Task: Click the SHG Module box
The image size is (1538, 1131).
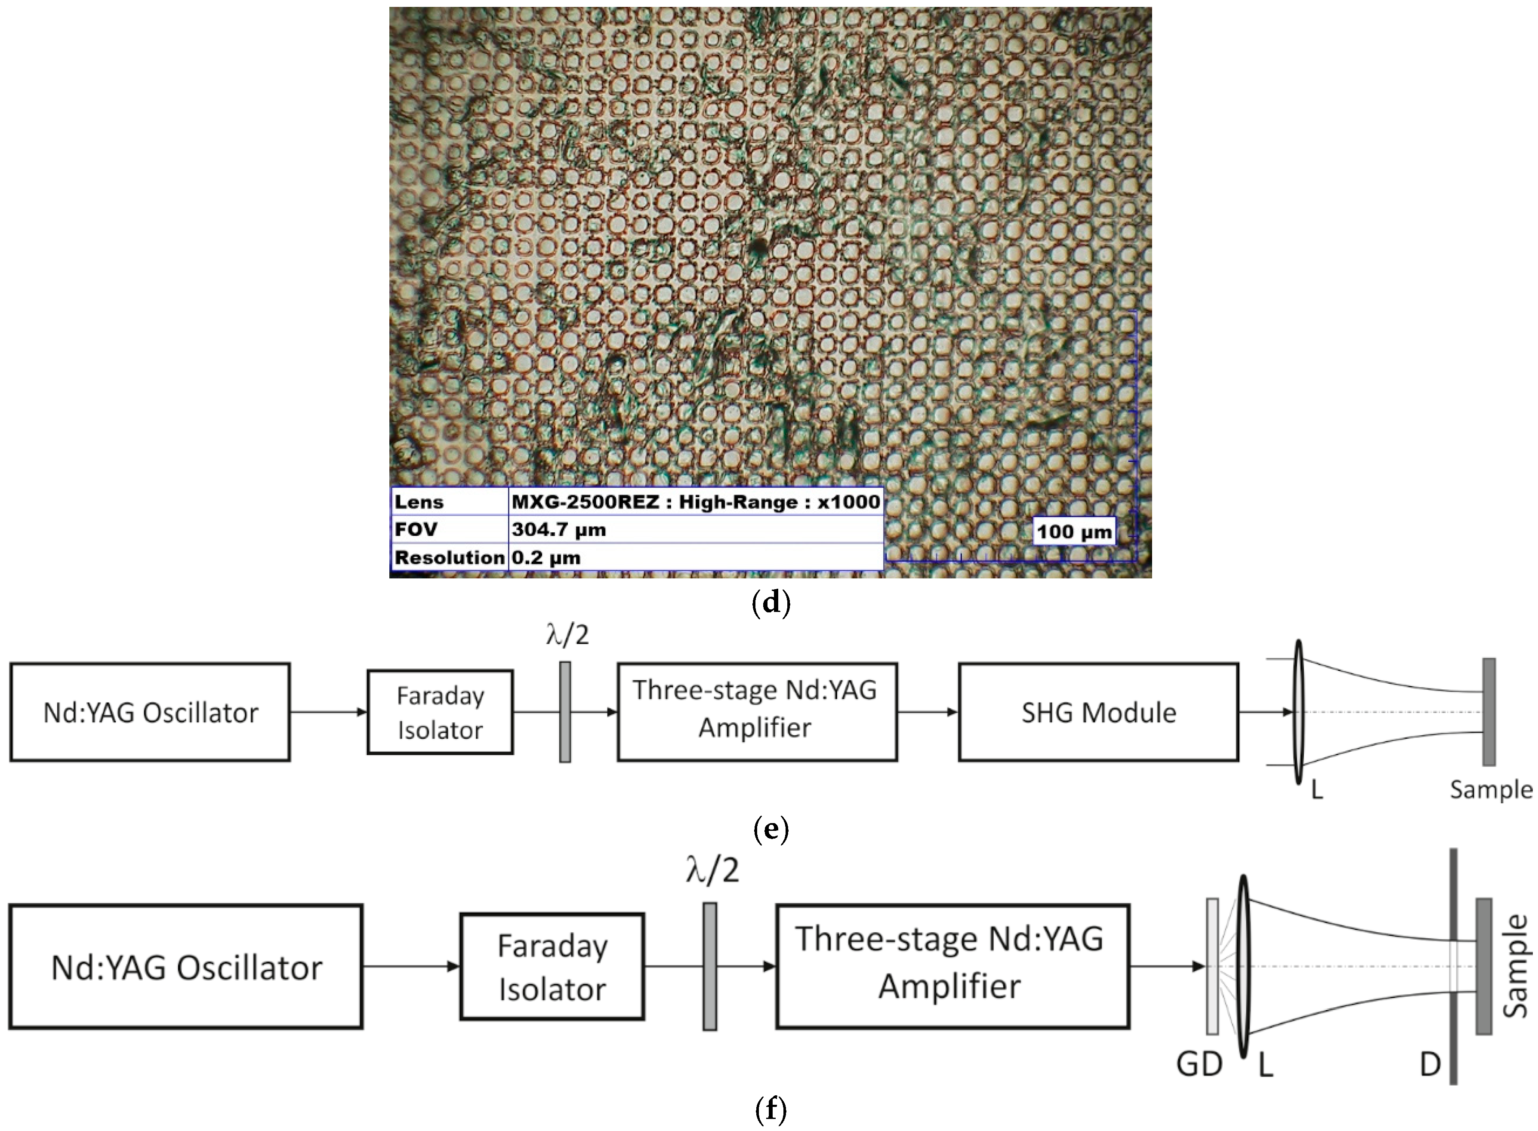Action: [x=1098, y=712]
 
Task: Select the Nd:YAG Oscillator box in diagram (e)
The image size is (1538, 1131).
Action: [x=150, y=712]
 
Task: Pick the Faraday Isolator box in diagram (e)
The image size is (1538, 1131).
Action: [x=440, y=712]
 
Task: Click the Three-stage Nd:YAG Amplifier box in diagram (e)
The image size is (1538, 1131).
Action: [x=757, y=712]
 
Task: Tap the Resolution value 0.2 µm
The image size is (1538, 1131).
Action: [x=546, y=557]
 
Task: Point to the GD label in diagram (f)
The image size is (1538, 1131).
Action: [x=1199, y=1065]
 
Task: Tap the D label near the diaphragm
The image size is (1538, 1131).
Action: [x=1430, y=1065]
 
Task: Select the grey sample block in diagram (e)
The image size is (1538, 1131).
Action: [x=1489, y=712]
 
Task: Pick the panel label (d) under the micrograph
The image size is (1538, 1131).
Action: [x=771, y=602]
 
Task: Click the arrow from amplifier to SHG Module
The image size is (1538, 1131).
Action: [x=928, y=712]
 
